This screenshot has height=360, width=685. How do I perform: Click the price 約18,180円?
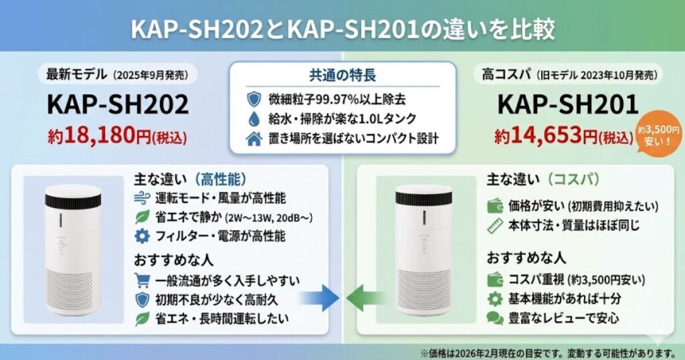[x=118, y=137]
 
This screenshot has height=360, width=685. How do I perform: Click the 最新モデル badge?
[x=117, y=73]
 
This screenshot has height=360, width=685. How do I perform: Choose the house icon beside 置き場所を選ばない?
[x=254, y=140]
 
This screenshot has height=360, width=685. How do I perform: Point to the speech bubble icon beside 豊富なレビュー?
[x=495, y=319]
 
